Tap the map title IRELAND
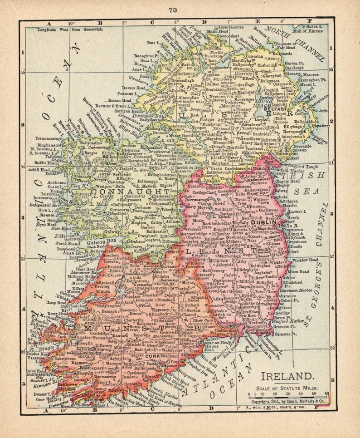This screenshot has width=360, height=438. click(286, 376)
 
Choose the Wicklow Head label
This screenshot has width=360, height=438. click(306, 260)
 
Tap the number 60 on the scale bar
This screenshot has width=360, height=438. click(327, 393)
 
